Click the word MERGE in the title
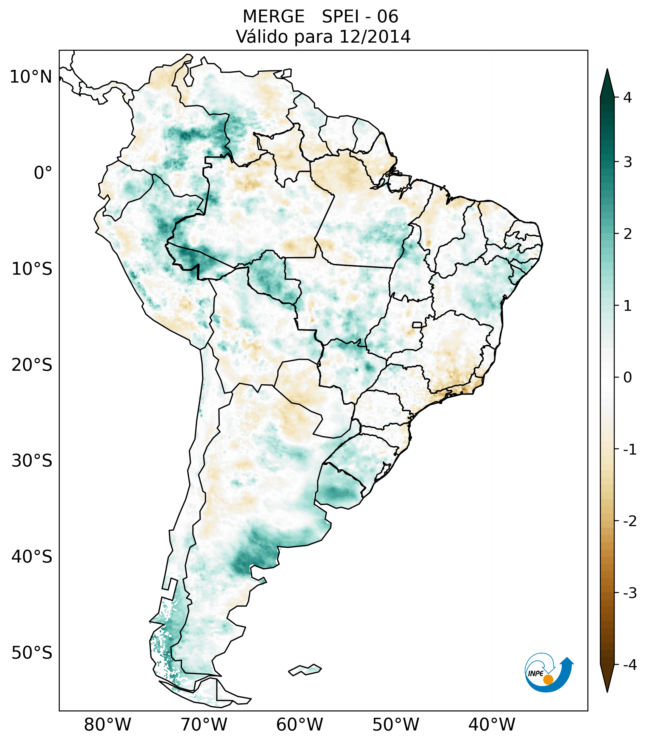click(273, 17)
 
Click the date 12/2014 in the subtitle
click(375, 37)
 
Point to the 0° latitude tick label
click(43, 173)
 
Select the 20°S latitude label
click(32, 365)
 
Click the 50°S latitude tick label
click(32, 653)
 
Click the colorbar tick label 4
click(627, 98)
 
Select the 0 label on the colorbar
click(627, 378)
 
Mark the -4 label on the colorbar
click(630, 665)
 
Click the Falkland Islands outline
click(305, 670)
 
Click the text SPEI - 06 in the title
click(360, 17)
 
